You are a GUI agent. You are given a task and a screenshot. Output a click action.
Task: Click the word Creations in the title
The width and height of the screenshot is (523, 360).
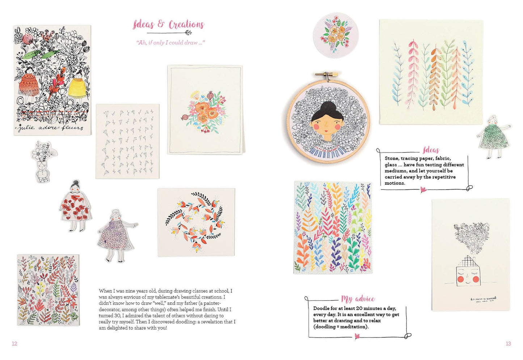186,25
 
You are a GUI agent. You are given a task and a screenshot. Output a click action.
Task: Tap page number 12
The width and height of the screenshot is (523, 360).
14,343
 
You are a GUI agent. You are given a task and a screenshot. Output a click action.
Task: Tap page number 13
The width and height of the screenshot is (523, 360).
508,343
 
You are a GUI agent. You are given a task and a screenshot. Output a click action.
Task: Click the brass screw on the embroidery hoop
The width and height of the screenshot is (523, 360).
327,74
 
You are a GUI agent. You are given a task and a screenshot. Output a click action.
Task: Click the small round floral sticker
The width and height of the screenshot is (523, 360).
336,35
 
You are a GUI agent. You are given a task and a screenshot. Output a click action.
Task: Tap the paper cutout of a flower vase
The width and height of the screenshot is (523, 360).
44,161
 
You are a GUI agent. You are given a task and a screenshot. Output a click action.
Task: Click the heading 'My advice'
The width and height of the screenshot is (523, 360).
358,299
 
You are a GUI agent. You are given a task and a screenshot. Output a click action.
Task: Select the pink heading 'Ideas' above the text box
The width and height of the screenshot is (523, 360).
431,150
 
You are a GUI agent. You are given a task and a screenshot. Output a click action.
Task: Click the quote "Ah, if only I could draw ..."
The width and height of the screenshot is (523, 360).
170,43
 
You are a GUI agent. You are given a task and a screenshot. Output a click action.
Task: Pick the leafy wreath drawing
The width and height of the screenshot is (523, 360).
196,222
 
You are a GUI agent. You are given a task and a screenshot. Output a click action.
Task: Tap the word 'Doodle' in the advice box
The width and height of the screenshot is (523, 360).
321,308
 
